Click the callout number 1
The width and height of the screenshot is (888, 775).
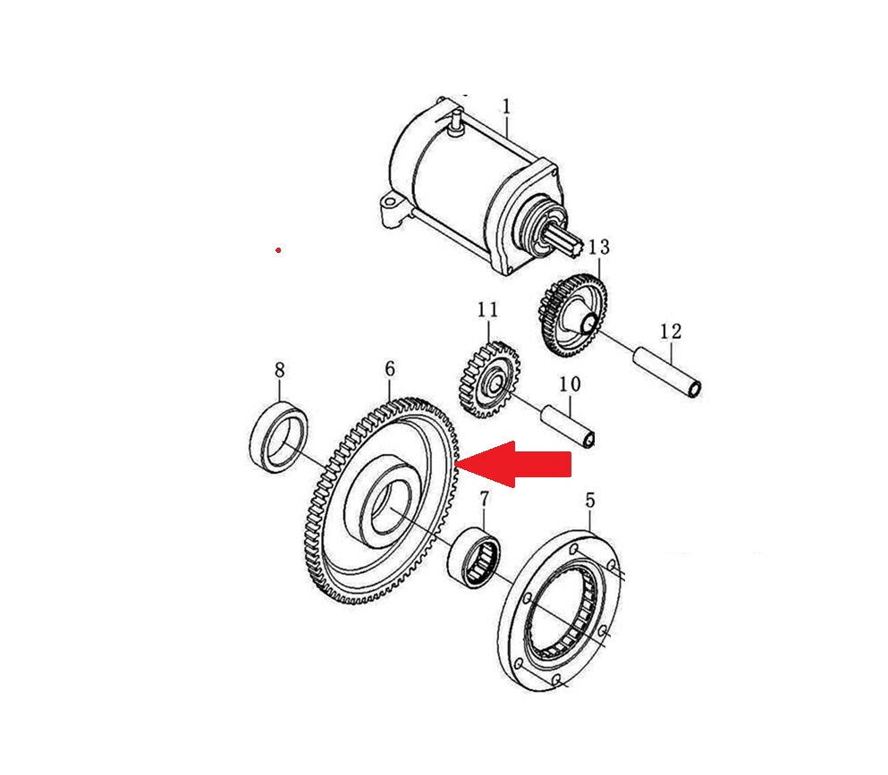(x=506, y=106)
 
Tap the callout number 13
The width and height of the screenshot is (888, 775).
(x=598, y=247)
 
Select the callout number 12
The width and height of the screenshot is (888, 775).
(x=671, y=331)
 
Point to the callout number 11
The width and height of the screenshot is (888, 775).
(x=487, y=309)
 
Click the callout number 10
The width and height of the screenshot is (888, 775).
(x=570, y=383)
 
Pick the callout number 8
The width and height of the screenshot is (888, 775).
(x=279, y=370)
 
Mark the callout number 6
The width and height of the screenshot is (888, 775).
(x=390, y=369)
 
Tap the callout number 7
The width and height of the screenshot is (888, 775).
(x=484, y=500)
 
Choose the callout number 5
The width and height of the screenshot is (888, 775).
(x=590, y=501)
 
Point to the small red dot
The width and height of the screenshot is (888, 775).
(x=278, y=249)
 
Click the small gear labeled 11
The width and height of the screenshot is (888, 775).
(x=487, y=379)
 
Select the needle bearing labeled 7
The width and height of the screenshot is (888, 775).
(x=474, y=555)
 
